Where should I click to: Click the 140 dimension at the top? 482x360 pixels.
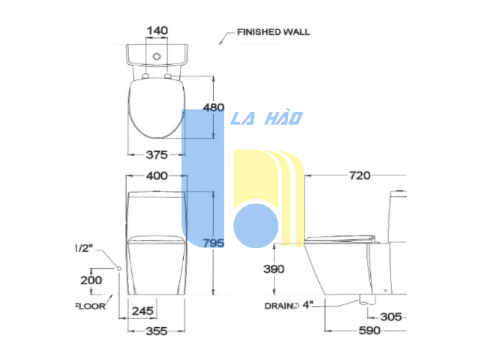click(x=157, y=31)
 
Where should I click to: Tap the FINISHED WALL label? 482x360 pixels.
click(x=273, y=32)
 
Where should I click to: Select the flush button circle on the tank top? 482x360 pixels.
click(x=157, y=57)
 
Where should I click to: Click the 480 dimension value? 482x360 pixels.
click(x=213, y=107)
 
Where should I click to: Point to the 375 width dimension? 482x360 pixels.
click(x=157, y=155)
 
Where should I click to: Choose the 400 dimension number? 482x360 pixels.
click(x=157, y=176)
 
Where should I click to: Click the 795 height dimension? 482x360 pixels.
click(x=213, y=243)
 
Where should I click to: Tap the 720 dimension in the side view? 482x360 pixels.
click(x=360, y=175)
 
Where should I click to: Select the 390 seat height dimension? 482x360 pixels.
click(x=274, y=269)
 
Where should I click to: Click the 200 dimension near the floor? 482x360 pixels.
click(x=91, y=280)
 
